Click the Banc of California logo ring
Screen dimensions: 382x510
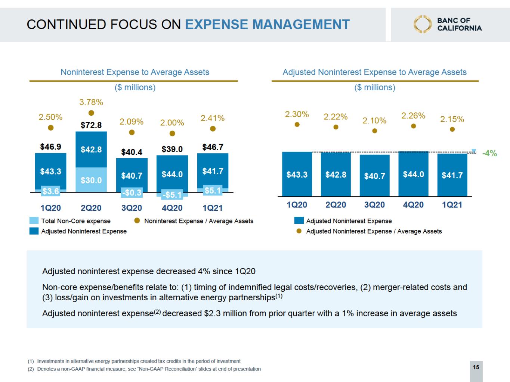coord(423,24)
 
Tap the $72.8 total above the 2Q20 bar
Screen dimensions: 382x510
coord(91,125)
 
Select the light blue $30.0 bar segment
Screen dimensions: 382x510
coord(91,180)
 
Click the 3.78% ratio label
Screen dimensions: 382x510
coord(91,102)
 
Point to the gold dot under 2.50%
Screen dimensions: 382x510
coord(51,128)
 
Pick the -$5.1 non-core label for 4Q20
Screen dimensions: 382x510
coord(172,195)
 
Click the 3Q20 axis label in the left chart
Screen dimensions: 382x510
coord(132,208)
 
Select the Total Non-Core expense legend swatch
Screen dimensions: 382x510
coord(34,221)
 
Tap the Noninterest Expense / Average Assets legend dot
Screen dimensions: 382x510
coord(137,221)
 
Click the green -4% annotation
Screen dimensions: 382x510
coord(489,153)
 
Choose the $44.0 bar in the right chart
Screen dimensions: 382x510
coord(413,174)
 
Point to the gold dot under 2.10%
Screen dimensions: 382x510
coord(374,131)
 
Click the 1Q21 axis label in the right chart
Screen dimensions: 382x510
coord(452,205)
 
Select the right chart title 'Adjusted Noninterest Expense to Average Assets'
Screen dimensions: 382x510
coord(374,72)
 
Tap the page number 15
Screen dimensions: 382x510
coord(476,367)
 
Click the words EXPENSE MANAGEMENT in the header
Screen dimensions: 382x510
coord(268,24)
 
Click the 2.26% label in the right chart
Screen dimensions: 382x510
coord(413,116)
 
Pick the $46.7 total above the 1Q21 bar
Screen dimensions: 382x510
coord(213,147)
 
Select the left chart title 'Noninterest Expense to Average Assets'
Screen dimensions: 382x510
coord(135,72)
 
